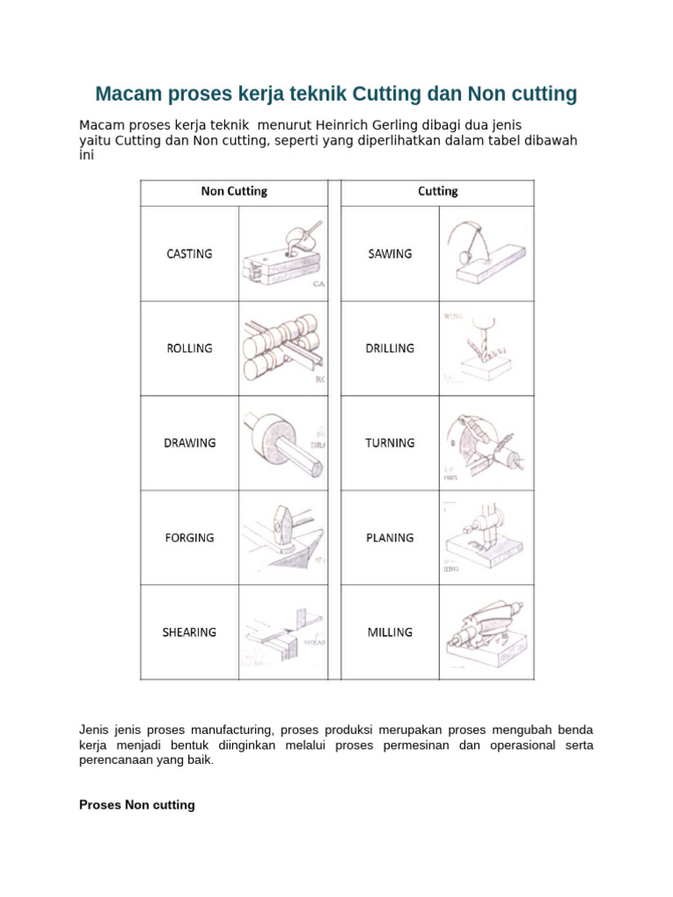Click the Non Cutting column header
(234, 191)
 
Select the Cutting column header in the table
(437, 191)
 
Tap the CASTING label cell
(189, 254)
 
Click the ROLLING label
(189, 349)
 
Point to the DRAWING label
(189, 443)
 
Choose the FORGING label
(189, 538)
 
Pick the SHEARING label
(189, 632)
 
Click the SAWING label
(390, 254)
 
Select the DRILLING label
(390, 349)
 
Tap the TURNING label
(390, 443)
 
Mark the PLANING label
(390, 538)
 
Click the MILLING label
(390, 632)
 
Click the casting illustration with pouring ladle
(280, 255)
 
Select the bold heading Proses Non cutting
(137, 804)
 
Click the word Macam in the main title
(124, 94)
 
